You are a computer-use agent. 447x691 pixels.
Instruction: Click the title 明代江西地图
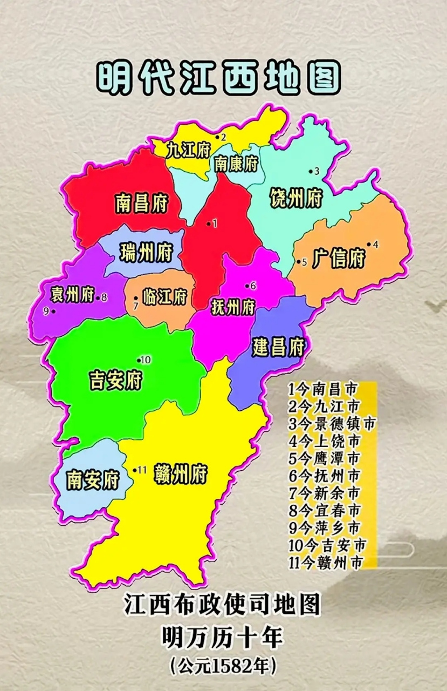pos(218,78)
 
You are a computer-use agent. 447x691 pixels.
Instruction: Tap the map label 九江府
pos(187,150)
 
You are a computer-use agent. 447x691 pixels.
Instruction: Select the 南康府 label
pos(236,164)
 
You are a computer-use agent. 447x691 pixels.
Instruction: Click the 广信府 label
pos(338,259)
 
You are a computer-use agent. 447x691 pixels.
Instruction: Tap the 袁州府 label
pos(72,295)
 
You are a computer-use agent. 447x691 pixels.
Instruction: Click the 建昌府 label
pos(278,347)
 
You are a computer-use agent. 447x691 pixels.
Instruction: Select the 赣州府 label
pos(180,475)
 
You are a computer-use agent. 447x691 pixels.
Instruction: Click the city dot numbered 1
pos(209,224)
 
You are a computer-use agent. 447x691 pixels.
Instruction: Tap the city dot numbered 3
pos(311,172)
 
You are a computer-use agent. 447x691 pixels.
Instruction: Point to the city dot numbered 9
pos(53,311)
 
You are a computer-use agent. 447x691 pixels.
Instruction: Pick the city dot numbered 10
pos(139,360)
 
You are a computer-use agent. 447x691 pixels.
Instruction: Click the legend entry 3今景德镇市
pos(331,423)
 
